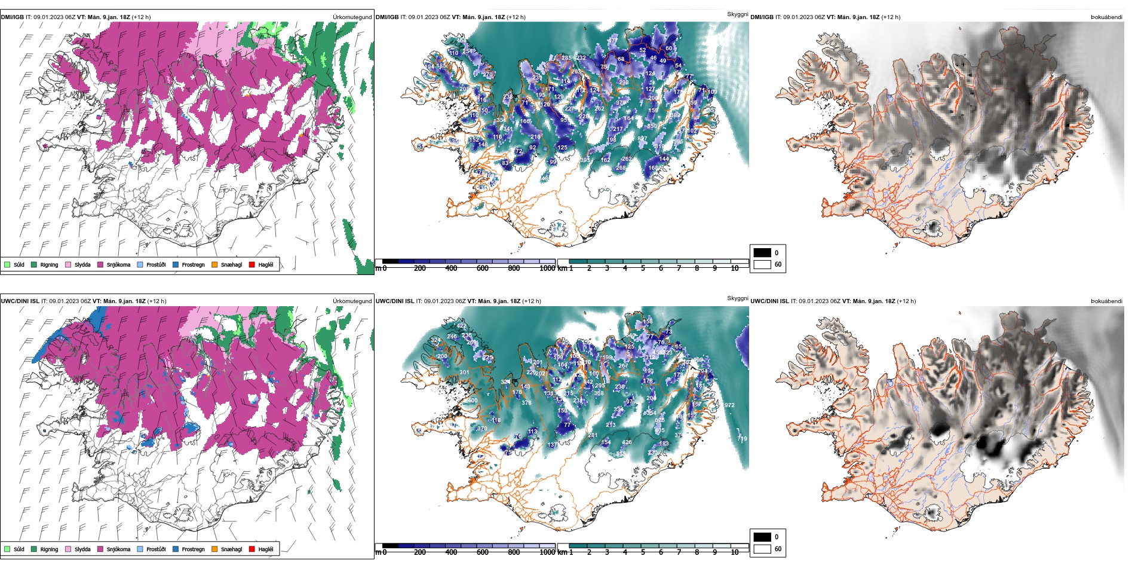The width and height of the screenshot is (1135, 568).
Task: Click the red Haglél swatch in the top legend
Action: point(252,264)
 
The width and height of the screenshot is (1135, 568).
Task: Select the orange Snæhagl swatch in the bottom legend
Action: point(214,549)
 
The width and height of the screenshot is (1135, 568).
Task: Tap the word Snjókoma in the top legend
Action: point(118,265)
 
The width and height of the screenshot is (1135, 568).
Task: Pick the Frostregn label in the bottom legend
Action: point(193,549)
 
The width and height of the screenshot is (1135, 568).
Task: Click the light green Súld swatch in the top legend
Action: point(7,264)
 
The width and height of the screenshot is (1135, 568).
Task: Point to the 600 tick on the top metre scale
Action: point(483,268)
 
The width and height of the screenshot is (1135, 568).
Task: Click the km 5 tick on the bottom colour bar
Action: point(643,552)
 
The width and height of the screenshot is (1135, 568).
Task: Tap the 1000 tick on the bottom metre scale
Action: point(547,552)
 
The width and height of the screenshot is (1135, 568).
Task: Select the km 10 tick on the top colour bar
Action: point(735,268)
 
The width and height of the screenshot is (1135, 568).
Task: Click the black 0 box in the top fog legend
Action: point(762,253)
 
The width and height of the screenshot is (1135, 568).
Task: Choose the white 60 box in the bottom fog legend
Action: point(762,549)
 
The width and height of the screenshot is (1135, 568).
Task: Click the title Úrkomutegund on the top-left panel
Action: point(352,17)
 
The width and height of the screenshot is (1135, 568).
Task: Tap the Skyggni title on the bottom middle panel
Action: point(737,298)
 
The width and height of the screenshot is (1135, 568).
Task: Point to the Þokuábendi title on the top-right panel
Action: point(1106,17)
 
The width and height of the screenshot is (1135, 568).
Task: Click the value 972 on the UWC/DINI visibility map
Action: point(729,405)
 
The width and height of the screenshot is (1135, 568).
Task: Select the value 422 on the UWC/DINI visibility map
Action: point(461,326)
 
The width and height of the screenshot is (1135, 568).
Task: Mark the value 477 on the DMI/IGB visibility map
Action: point(613,41)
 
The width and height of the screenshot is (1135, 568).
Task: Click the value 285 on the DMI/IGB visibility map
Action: point(566,58)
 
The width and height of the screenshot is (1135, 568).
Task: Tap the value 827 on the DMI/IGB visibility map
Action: point(642,139)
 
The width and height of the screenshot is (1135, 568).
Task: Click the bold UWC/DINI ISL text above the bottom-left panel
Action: point(20,301)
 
